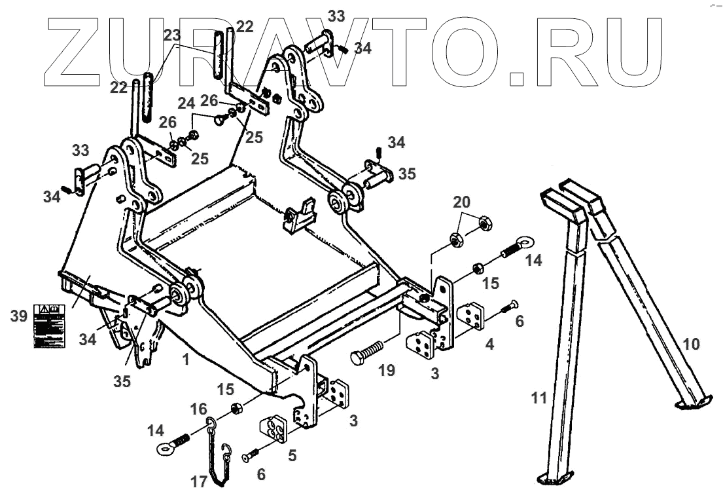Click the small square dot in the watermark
pyautogui.click(x=517, y=79)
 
